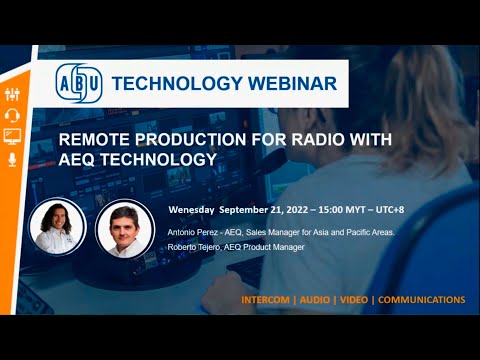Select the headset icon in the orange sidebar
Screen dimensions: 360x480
click(x=13, y=114)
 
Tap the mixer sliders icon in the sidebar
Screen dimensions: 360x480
click(x=13, y=93)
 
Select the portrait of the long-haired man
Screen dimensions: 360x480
click(x=55, y=227)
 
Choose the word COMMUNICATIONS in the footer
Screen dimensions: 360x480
click(x=421, y=300)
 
